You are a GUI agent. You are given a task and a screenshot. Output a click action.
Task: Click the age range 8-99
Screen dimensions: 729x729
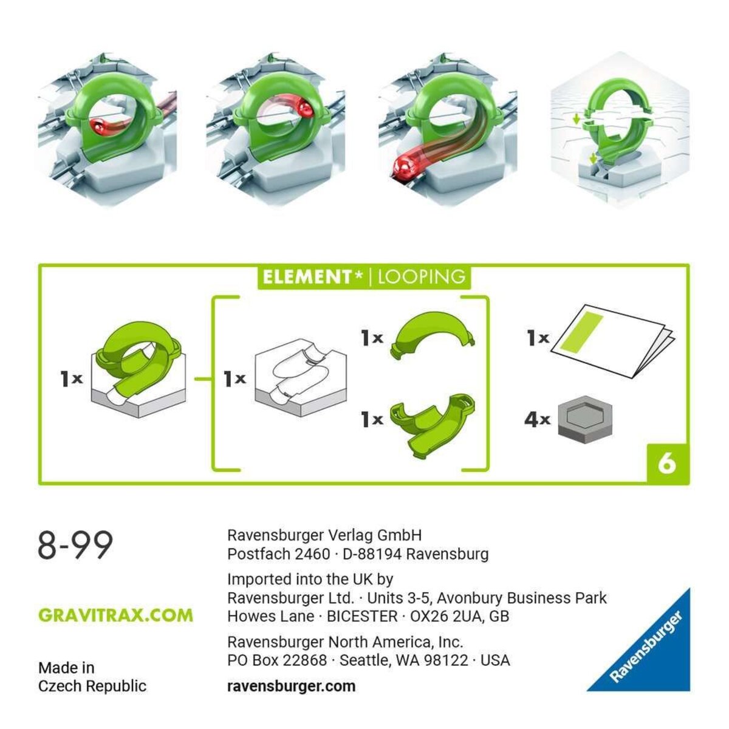[75, 545]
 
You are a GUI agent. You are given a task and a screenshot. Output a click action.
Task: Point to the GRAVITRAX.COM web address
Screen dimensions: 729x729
[115, 615]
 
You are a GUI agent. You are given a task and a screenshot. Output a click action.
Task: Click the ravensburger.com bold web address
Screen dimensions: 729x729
[291, 686]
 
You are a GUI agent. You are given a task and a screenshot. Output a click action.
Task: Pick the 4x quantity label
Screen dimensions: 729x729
[537, 419]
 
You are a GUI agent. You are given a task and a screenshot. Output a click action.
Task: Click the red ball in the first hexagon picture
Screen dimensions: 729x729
[98, 127]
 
